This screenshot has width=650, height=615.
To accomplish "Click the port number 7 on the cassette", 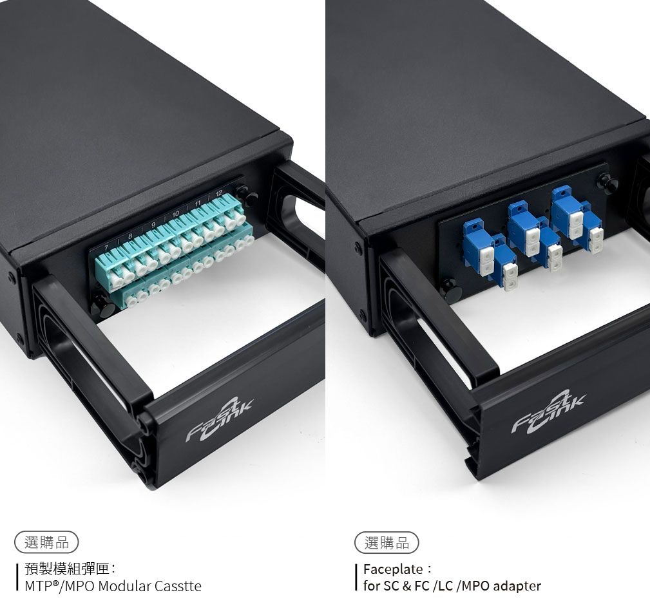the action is coord(106,248).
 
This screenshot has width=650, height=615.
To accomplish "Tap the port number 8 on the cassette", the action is coord(130,236).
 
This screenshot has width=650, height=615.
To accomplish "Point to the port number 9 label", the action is coord(153,225).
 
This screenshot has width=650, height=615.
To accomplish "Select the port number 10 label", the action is coord(175,214).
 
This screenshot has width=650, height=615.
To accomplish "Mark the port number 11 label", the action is coord(198,203).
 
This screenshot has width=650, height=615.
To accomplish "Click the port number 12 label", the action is coord(219,193).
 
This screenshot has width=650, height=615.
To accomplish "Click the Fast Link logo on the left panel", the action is coord(218,419).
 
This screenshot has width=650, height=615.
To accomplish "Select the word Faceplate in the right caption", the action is coord(394,569).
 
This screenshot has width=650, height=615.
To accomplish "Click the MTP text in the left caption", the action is coord(37,586).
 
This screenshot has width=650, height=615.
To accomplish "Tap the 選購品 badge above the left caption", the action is coord(46,542).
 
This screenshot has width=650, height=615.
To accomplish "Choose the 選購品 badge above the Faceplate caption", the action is coord(387,542).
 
